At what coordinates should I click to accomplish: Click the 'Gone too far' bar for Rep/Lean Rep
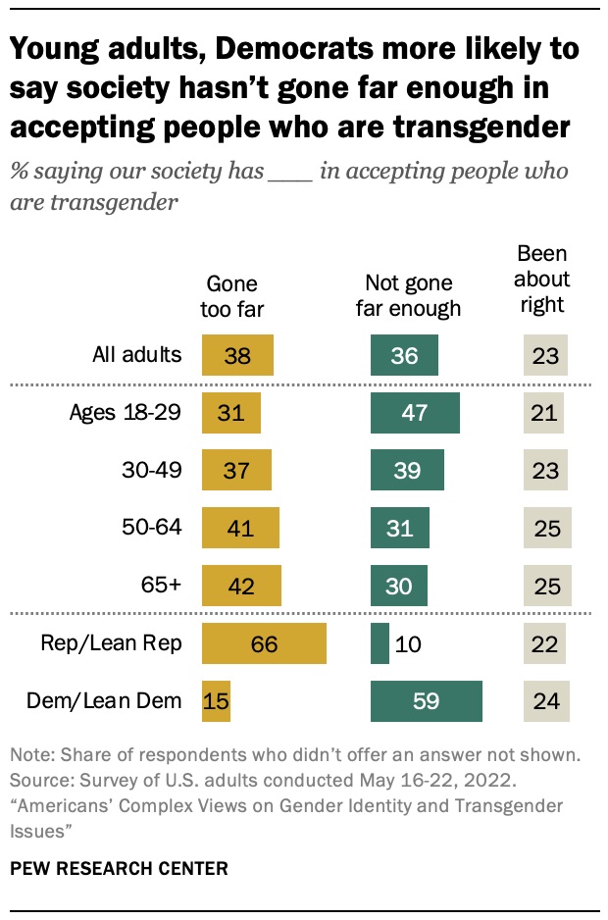pyautogui.click(x=264, y=644)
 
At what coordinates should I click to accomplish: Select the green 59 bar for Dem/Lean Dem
pyautogui.click(x=427, y=702)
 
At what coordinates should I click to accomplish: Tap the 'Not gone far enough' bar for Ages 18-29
pyautogui.click(x=415, y=413)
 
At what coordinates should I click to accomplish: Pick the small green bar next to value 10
pyautogui.click(x=380, y=644)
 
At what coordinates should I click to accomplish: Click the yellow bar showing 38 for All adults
pyautogui.click(x=237, y=355)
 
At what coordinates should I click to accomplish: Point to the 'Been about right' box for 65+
pyautogui.click(x=547, y=587)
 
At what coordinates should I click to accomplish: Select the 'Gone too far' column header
pyautogui.click(x=232, y=297)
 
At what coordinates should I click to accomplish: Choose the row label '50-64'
pyautogui.click(x=156, y=529)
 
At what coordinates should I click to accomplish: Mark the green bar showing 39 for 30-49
pyautogui.click(x=407, y=471)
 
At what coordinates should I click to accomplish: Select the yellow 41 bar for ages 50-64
pyautogui.click(x=240, y=529)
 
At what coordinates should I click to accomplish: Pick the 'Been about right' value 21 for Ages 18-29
pyautogui.click(x=543, y=413)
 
